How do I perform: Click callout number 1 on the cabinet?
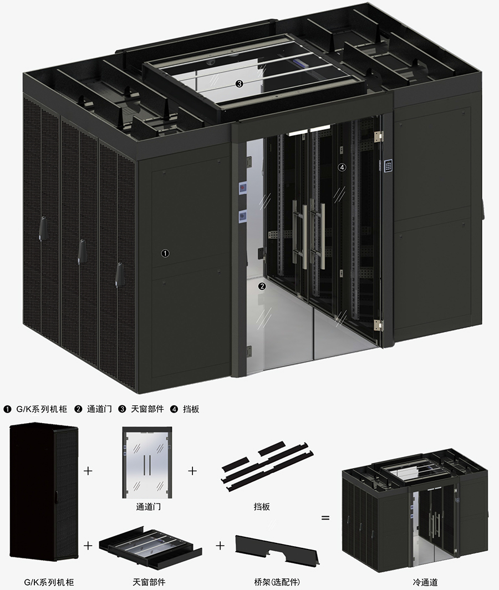click(165, 253)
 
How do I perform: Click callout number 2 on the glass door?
click(262, 286)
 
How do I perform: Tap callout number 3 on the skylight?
click(239, 84)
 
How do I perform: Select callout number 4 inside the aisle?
click(342, 167)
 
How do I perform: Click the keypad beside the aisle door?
click(388, 166)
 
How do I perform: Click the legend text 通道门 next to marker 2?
click(99, 409)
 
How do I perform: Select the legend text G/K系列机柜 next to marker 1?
click(42, 409)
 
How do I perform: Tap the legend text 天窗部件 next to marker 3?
click(147, 409)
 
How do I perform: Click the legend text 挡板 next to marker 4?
click(191, 409)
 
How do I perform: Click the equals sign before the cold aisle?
click(325, 518)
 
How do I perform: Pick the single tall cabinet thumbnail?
click(44, 491)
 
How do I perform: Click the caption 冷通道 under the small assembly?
click(425, 582)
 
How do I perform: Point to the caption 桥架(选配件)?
click(277, 582)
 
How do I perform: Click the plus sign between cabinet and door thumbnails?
click(88, 471)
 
